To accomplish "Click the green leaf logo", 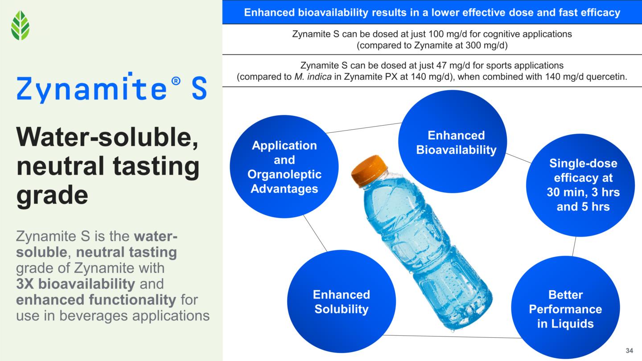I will coord(20,25).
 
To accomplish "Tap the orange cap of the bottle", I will coord(369,170).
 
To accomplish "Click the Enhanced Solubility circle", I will coord(342,302).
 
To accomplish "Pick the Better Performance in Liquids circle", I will coord(565,309).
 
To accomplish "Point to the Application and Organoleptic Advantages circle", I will coord(284,167).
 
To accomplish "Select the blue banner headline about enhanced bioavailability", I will coord(432,12).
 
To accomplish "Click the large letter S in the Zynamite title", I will coord(199,89).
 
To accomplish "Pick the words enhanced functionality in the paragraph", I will coord(96,300).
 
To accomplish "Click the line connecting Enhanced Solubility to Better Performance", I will coord(450,336).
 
